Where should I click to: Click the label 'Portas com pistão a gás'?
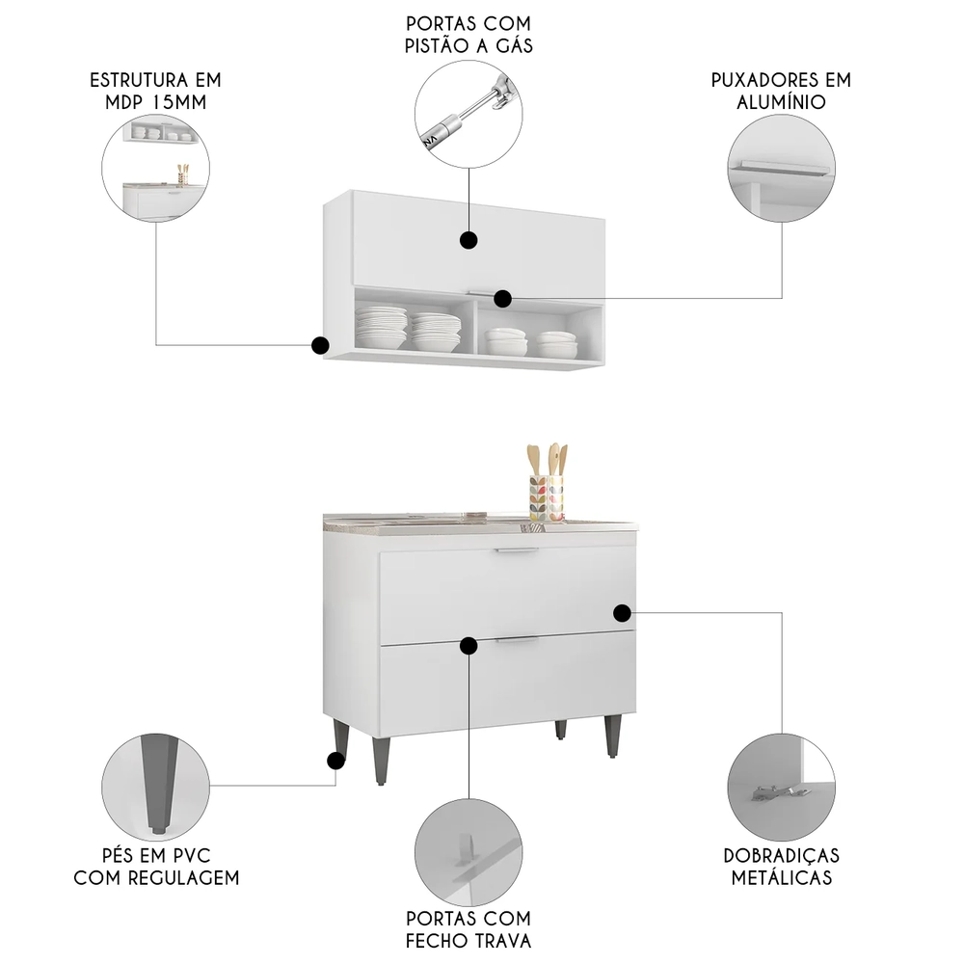[x=469, y=33]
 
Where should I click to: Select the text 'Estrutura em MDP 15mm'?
[x=155, y=91]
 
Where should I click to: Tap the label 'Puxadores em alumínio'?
[x=781, y=91]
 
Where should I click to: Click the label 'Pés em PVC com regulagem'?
[x=156, y=867]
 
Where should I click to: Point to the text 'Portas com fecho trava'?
[x=469, y=929]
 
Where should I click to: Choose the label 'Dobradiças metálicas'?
[x=781, y=867]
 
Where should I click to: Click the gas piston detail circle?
[x=469, y=115]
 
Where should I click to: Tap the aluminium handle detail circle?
[x=781, y=169]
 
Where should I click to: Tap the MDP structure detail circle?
[x=155, y=169]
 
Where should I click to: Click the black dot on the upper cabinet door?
[x=469, y=241]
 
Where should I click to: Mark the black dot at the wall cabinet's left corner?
[x=320, y=345]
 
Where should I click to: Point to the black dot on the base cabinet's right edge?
[x=622, y=612]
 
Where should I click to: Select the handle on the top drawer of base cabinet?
[x=516, y=551]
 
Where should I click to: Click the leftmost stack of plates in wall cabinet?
[x=381, y=328]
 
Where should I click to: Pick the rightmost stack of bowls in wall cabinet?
[x=556, y=343]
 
